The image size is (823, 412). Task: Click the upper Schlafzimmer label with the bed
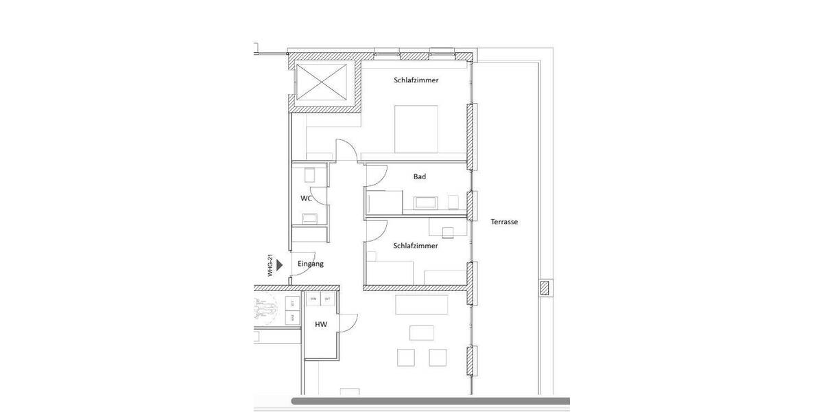tap(416, 80)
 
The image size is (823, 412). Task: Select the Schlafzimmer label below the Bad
tap(416, 245)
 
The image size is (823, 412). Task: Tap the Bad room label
tap(420, 176)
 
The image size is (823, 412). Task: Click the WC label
tap(306, 198)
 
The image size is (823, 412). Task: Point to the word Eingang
tap(311, 264)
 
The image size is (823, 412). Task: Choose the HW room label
tap(320, 325)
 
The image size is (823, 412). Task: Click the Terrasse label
tap(504, 222)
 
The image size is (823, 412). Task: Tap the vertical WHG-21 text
tap(271, 266)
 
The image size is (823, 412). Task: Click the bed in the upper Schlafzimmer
tap(416, 128)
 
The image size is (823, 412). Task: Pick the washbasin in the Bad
tap(427, 203)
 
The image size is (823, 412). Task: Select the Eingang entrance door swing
tap(300, 271)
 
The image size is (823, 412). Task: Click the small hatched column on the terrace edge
tap(545, 288)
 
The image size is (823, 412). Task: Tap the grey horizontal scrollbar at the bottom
tap(430, 401)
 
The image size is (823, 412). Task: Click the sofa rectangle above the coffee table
tap(422, 304)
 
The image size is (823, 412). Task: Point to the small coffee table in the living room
tap(421, 333)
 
